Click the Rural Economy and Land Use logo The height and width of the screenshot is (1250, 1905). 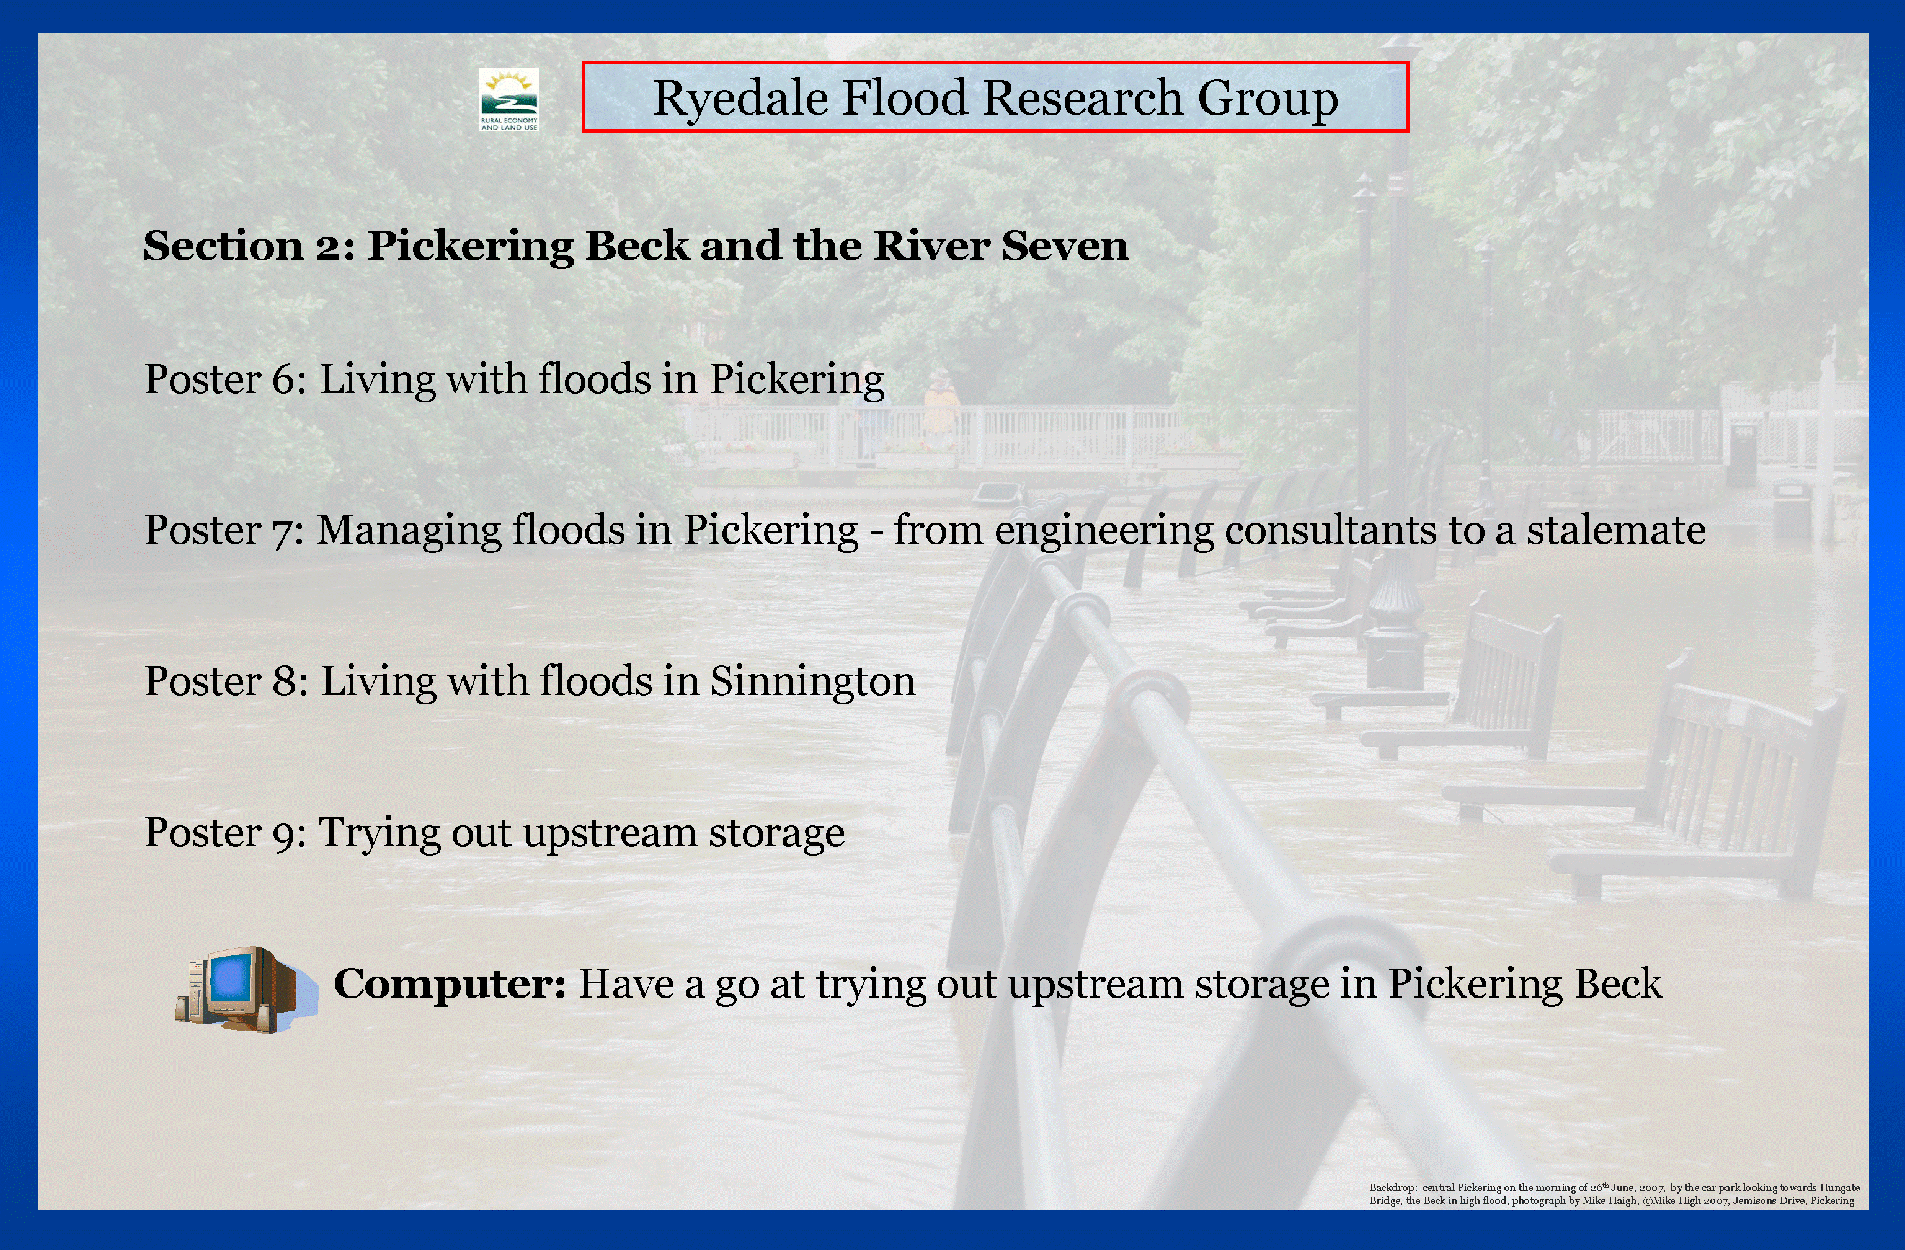[x=509, y=99]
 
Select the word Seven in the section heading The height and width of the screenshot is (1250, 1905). [x=1065, y=245]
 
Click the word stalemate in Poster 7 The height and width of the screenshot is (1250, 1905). [x=1615, y=530]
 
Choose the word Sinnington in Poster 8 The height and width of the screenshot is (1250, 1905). [x=812, y=682]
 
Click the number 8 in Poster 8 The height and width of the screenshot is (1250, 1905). [x=285, y=682]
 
